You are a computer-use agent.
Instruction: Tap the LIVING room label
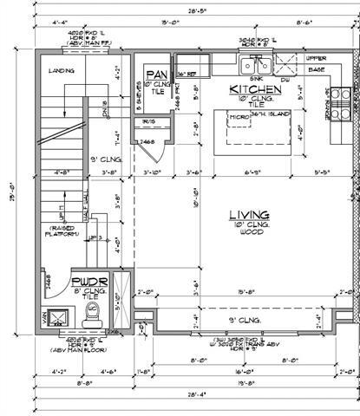[x=249, y=214]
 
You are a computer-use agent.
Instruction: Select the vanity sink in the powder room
[x=56, y=315]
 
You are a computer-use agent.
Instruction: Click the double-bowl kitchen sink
[x=259, y=64]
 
